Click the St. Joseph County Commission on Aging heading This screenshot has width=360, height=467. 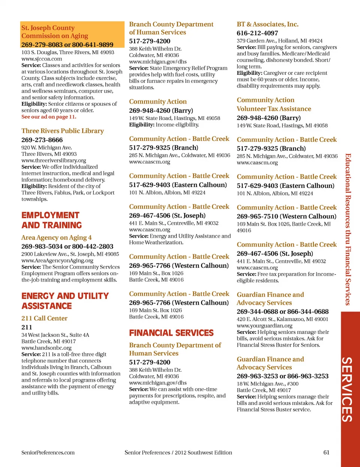54,32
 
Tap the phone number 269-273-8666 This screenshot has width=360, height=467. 42,140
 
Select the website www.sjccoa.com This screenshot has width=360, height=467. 42,59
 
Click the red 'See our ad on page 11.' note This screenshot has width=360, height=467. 49,117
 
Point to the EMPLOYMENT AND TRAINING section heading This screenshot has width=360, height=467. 51,220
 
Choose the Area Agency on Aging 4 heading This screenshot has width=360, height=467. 56,237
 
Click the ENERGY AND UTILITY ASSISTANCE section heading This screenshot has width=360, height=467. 65,301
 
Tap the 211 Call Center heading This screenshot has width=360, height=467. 44,318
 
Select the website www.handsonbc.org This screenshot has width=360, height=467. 46,348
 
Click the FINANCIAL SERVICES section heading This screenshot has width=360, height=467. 171,333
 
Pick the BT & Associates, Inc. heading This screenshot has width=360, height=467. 267,24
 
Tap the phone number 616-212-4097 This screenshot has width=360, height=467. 257,33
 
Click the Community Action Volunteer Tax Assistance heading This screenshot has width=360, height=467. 274,104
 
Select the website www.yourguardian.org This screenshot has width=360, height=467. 264,326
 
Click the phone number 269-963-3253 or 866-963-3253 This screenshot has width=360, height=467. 282,376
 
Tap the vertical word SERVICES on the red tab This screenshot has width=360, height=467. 347,389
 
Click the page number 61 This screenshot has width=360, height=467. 326,452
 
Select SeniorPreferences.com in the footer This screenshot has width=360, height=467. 48,452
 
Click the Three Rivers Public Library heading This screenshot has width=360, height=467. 63,131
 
